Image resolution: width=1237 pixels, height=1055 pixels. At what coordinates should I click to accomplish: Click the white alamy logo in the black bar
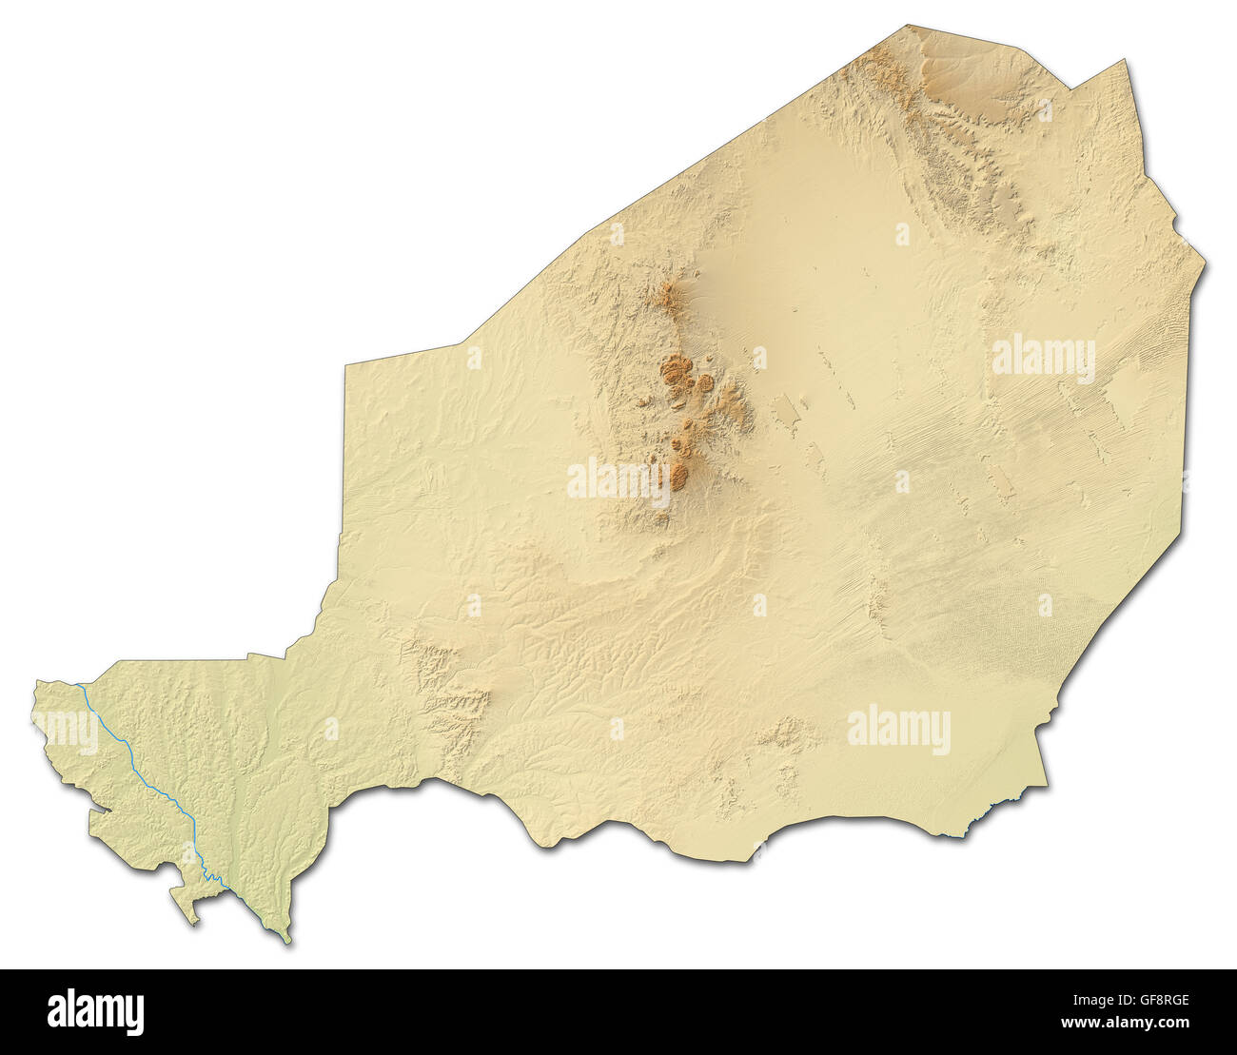click(95, 1011)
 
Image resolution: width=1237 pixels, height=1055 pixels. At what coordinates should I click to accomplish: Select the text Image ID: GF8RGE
click(1125, 1000)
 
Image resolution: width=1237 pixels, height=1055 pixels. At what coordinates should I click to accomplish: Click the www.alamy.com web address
click(1125, 1023)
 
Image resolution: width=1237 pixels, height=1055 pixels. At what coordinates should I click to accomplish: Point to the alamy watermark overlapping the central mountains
click(618, 479)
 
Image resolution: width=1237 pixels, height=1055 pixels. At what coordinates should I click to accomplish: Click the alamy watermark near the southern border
click(898, 730)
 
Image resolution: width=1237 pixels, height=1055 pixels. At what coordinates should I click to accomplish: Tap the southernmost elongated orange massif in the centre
click(679, 474)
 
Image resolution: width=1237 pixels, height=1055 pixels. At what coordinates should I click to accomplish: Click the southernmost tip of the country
click(288, 942)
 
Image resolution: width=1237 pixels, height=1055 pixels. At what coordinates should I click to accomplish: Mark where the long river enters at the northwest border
click(79, 685)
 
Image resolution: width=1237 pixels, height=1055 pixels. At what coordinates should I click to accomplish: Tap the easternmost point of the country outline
click(1205, 262)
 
